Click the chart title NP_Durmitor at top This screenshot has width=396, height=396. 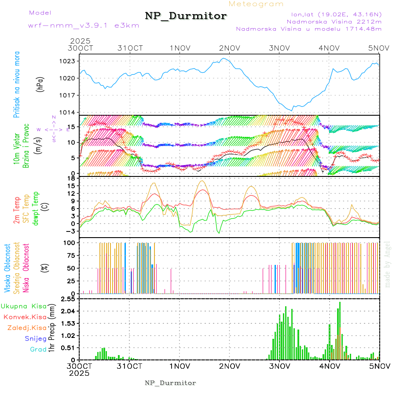pos(186,16)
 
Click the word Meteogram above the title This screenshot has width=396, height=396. pos(257,4)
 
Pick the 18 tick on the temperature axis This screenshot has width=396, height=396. pos(71,178)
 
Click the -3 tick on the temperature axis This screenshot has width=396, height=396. pos(71,231)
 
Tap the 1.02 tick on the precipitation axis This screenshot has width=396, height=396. pos(68,336)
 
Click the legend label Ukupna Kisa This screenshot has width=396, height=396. pos(24,306)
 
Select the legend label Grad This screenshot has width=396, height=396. pos(38,349)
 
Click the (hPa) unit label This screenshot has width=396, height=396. pos(40,84)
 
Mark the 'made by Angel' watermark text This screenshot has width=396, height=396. pos(388,264)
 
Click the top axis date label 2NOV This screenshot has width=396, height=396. pos(230,48)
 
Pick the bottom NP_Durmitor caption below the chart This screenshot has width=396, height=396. pos(170,383)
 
